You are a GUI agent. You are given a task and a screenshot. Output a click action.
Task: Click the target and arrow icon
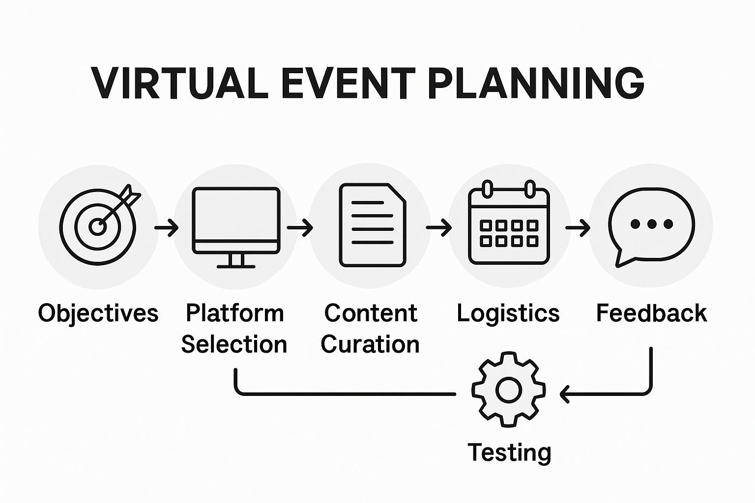(99, 225)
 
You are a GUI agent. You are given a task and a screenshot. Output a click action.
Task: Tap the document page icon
(373, 225)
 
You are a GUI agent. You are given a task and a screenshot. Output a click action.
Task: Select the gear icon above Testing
(508, 390)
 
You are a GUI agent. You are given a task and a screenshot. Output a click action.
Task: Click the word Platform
(235, 313)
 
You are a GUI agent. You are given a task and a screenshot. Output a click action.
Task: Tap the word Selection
(234, 344)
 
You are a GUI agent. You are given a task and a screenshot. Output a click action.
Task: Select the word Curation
(370, 344)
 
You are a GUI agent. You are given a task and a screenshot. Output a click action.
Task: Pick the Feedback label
(651, 313)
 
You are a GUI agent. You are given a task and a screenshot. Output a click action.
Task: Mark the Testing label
(509, 452)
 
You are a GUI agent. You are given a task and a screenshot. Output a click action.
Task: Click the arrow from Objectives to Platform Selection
(167, 228)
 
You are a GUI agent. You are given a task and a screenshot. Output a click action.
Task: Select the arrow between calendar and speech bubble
(578, 228)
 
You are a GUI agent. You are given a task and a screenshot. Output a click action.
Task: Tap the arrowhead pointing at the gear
(565, 393)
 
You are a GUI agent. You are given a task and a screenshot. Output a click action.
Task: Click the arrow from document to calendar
(439, 227)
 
